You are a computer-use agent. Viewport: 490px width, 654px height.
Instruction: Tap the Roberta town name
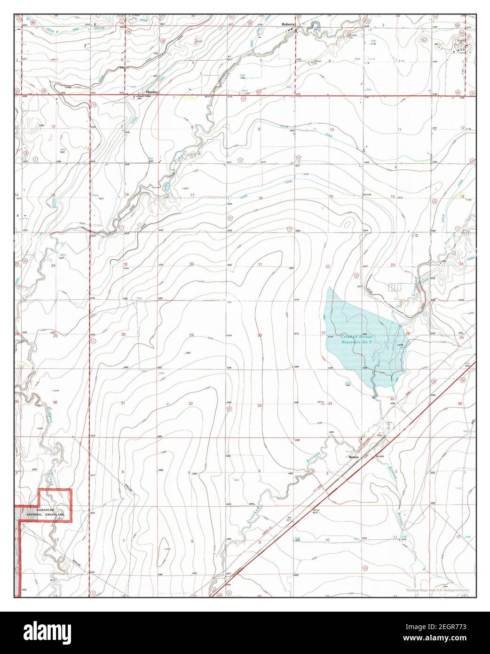pos(288,24)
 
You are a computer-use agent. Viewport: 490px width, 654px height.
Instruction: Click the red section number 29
pos(191,335)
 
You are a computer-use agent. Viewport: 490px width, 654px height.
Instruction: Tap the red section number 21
pos(260,265)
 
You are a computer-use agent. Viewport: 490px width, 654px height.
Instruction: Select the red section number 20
pos(191,264)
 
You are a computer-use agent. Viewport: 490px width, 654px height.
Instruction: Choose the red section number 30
pos(124,335)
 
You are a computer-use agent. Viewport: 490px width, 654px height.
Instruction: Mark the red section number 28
pos(259,335)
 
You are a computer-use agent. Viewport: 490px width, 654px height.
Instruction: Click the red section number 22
pos(328,266)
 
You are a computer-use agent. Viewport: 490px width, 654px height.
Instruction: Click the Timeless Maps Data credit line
pos(438,590)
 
